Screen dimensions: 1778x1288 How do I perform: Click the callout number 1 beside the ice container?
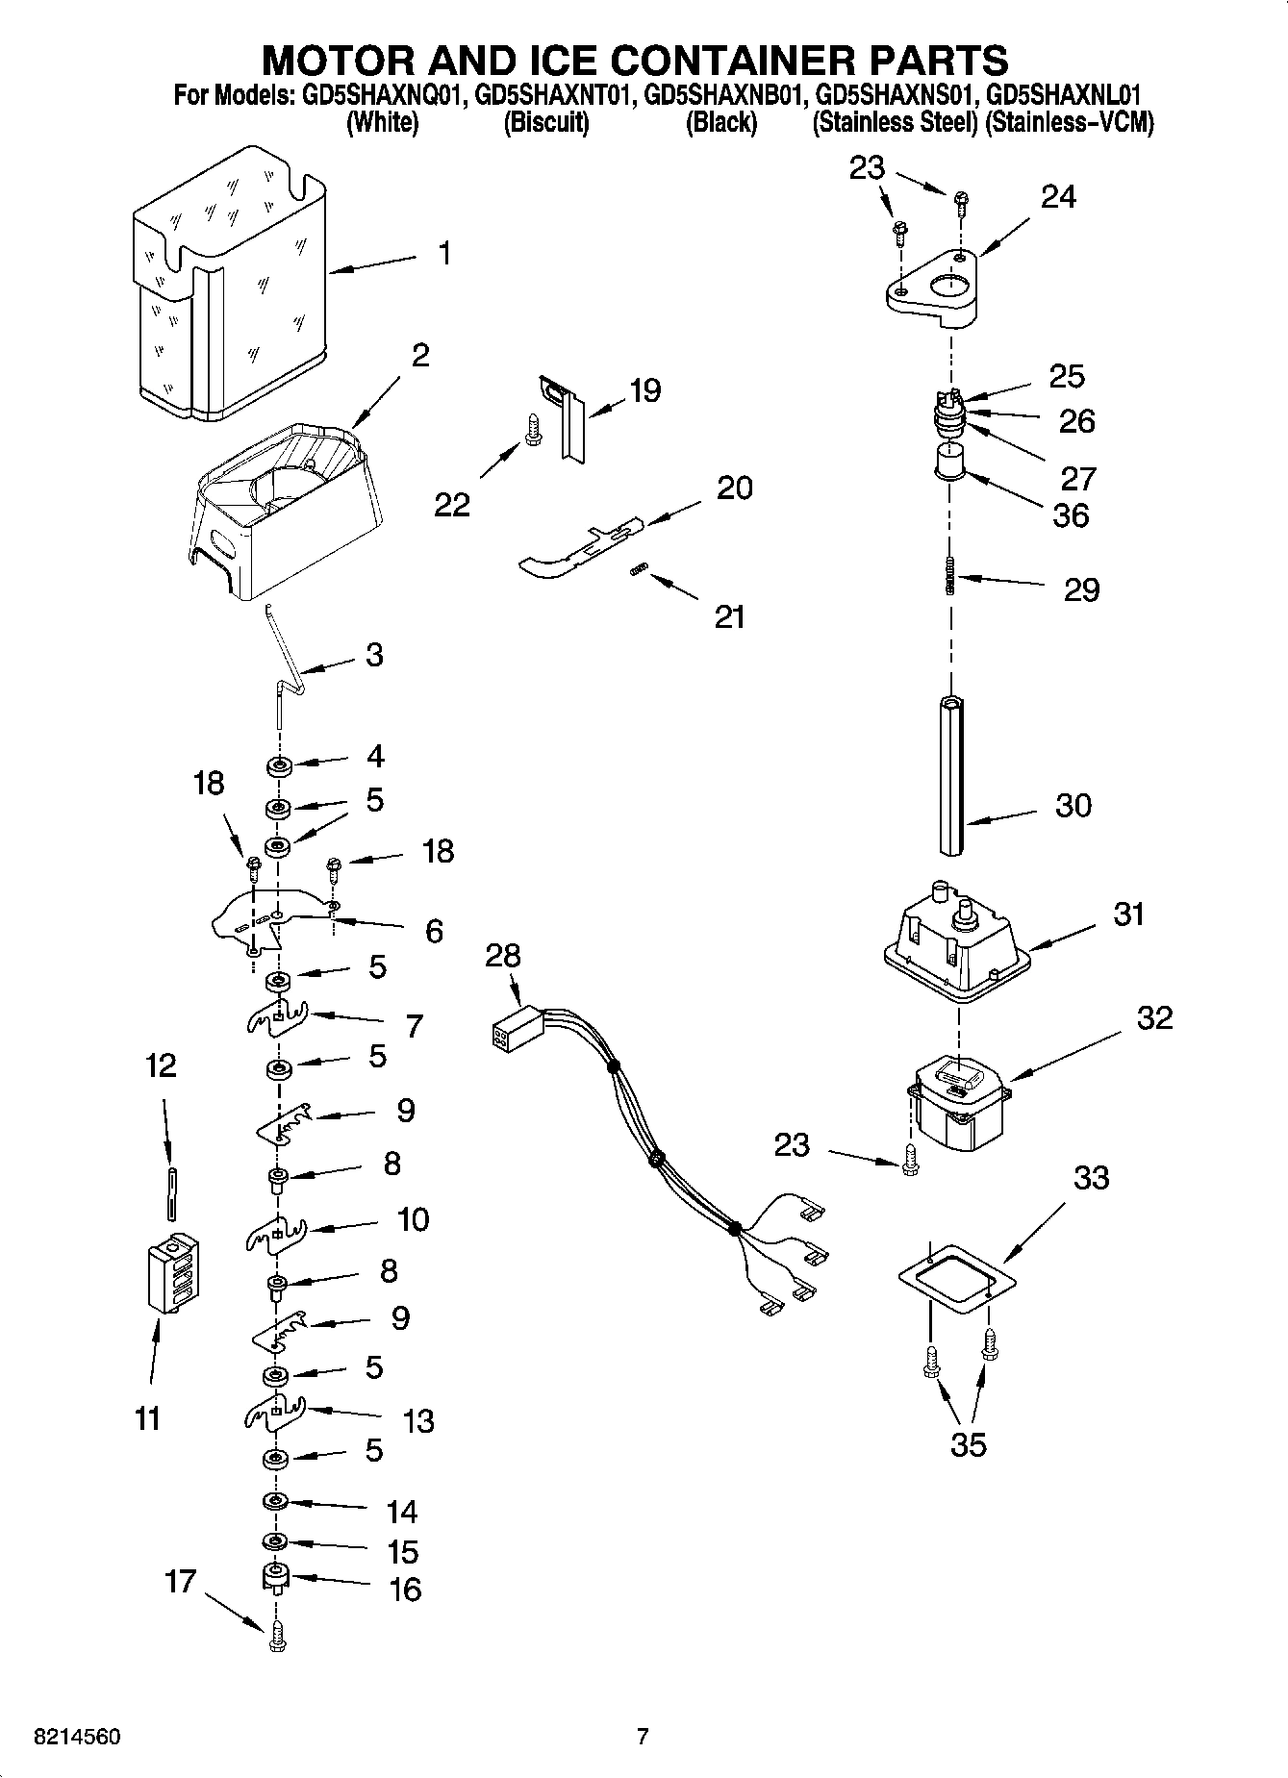[x=444, y=253]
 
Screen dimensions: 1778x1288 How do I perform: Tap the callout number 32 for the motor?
[x=1154, y=1017]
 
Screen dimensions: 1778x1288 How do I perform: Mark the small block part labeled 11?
[x=174, y=1271]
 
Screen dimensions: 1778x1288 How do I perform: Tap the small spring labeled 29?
[x=950, y=577]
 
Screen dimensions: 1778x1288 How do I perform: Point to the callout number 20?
[x=735, y=488]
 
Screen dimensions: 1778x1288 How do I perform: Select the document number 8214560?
[x=77, y=1737]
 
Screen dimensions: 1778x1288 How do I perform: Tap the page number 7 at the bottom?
[x=643, y=1737]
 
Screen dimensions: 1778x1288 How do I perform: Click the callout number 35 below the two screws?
[x=969, y=1443]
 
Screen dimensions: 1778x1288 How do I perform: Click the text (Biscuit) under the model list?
[x=545, y=123]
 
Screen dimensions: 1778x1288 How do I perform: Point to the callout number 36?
[x=1071, y=515]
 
